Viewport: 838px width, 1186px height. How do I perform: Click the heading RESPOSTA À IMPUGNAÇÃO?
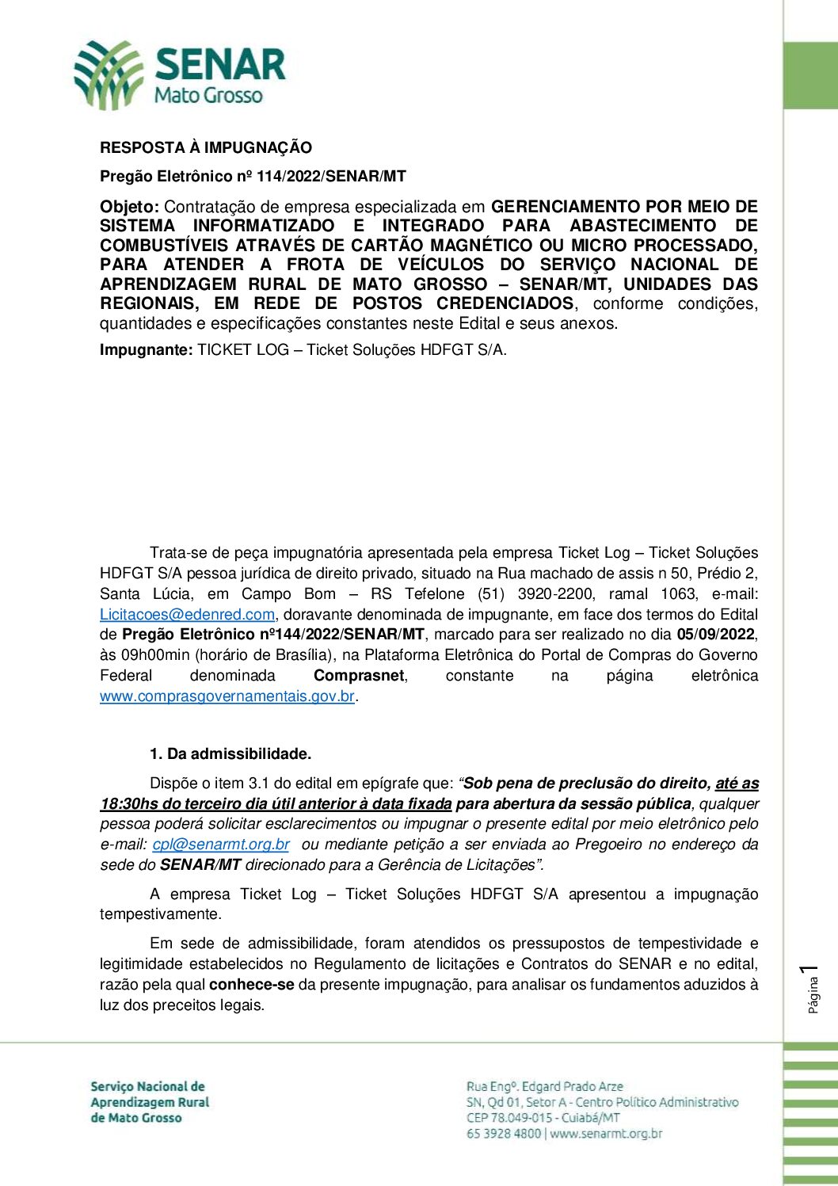[206, 147]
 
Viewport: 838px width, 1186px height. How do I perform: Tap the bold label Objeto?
[129, 207]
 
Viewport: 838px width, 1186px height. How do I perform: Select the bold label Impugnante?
[146, 349]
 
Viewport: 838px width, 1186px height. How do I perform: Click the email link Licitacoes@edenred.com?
[187, 614]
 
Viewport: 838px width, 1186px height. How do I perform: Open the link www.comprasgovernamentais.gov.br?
[227, 696]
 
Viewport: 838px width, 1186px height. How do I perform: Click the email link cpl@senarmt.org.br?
[221, 844]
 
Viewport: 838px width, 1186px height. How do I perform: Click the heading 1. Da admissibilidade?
[230, 753]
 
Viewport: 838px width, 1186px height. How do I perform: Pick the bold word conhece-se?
[251, 984]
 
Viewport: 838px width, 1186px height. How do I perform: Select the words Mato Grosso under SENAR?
[208, 96]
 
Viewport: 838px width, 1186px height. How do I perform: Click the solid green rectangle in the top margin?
[810, 75]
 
